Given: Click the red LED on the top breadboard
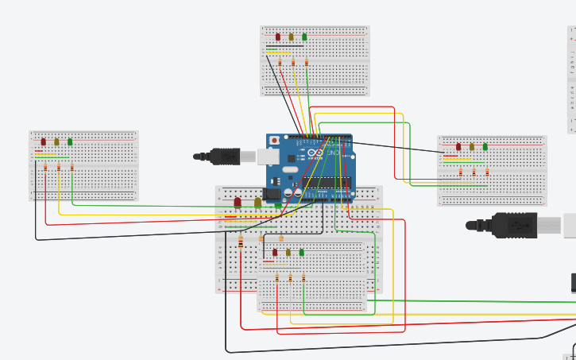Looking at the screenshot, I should (x=278, y=37).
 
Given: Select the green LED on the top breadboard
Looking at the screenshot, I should (x=304, y=37).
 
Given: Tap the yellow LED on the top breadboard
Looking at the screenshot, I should (x=291, y=37).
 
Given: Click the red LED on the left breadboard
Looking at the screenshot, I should (x=44, y=141).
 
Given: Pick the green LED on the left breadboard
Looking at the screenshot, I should (x=70, y=141).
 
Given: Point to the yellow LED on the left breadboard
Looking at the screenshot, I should (x=56, y=141).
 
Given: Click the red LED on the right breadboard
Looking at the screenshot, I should (x=459, y=146).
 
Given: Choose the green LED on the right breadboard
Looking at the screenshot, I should (x=485, y=146).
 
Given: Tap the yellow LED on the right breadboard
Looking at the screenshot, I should (x=472, y=146).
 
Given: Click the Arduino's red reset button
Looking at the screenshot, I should (x=275, y=141).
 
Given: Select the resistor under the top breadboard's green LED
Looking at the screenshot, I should (x=307, y=63).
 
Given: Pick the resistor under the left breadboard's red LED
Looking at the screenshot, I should (x=45, y=167).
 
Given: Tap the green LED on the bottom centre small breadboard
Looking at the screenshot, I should (x=302, y=252).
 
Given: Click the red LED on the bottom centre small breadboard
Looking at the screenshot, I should (x=275, y=252).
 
